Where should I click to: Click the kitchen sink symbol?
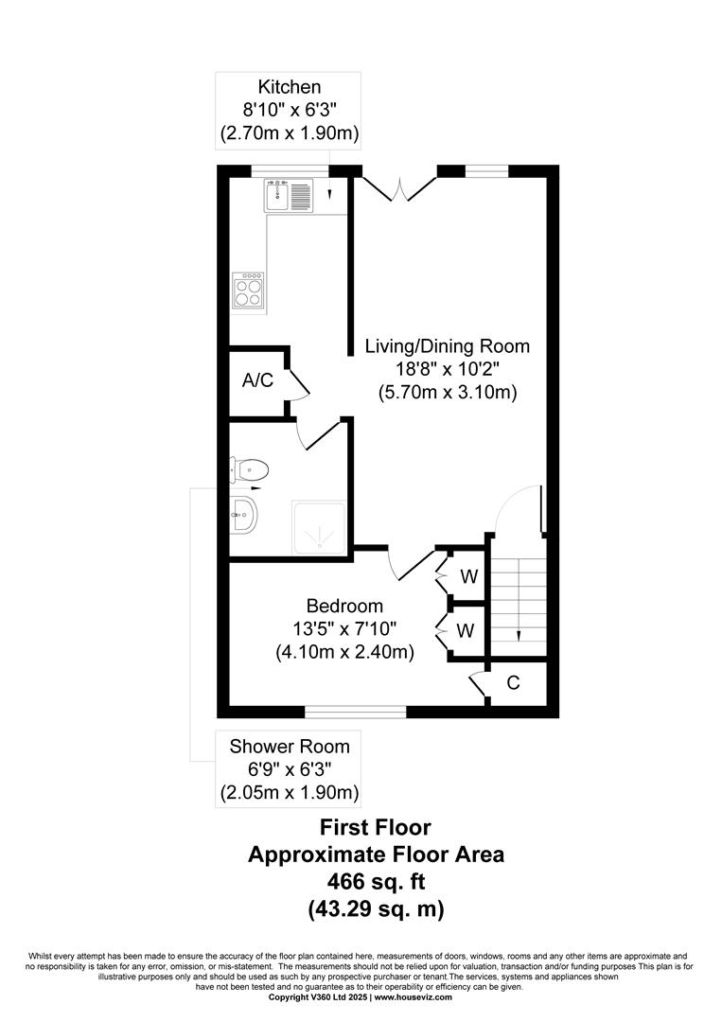(289, 196)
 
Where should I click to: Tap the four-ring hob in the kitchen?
(248, 291)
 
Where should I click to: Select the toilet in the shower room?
(250, 468)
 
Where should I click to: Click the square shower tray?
(319, 528)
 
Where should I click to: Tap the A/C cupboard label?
(257, 380)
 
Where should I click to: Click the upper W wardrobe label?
(469, 576)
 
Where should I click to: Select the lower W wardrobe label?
(466, 630)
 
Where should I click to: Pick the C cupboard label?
(514, 682)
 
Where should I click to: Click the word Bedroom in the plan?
(344, 607)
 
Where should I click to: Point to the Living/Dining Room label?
(447, 346)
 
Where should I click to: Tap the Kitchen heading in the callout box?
(290, 87)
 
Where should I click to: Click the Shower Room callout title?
(290, 747)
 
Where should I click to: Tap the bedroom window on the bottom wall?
(356, 713)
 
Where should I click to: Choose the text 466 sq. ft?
(376, 882)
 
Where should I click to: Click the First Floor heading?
(376, 828)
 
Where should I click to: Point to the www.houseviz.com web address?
(413, 997)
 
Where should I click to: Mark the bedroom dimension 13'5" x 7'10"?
(344, 629)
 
